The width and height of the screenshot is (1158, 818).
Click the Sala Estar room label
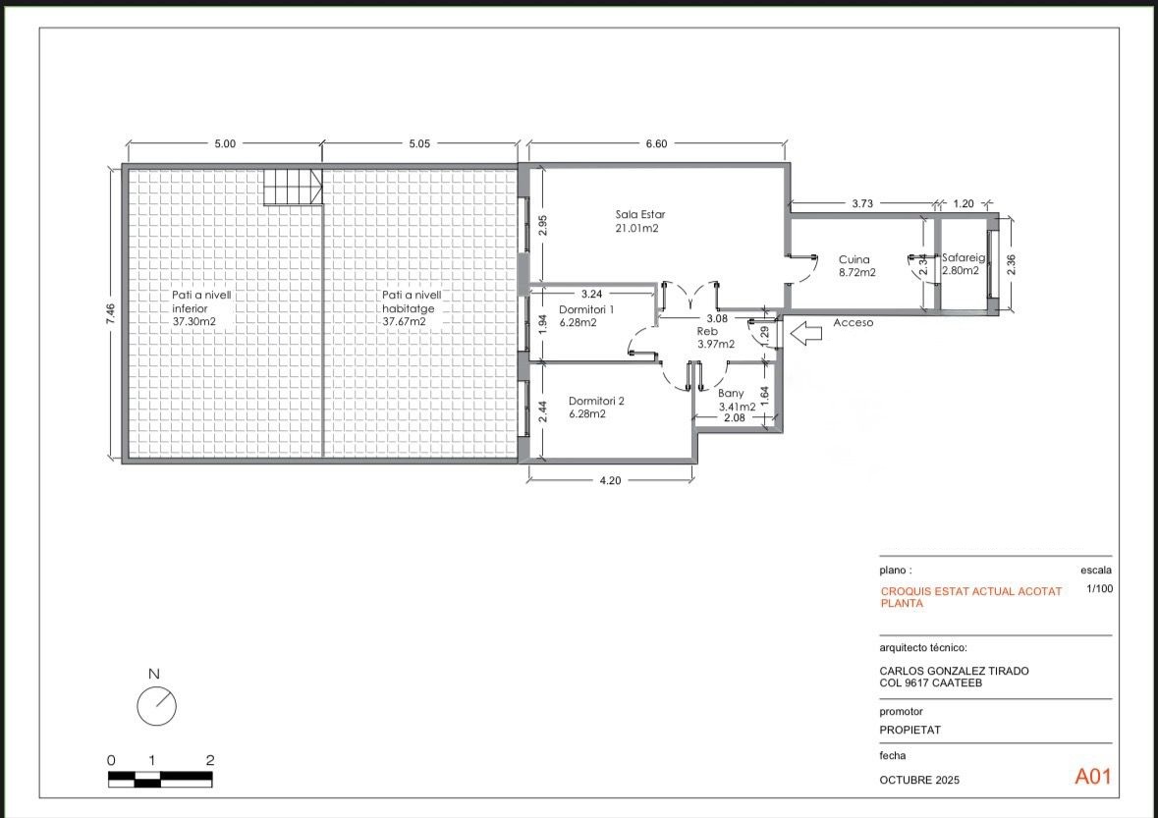[640, 215]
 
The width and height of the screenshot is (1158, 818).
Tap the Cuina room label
[854, 260]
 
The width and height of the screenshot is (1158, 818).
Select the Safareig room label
[963, 257]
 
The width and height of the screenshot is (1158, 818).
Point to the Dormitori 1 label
[586, 309]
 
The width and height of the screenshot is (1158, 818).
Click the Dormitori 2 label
[597, 401]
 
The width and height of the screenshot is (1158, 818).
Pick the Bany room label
[731, 394]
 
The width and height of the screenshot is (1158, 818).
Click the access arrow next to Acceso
[805, 333]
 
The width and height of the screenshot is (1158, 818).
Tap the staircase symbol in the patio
[294, 186]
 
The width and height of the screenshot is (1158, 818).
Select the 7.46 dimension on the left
[110, 314]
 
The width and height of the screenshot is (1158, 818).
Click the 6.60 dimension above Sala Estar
[656, 144]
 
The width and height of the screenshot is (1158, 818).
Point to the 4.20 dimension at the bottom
[610, 480]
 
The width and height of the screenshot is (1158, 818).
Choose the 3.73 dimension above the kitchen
[862, 203]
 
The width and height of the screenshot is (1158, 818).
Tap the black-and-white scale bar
[160, 779]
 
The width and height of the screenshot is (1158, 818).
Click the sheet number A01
[1092, 776]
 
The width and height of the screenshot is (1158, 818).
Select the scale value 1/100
[1100, 588]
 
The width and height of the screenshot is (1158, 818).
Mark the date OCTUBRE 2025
[919, 780]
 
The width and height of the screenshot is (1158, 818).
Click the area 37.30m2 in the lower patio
[193, 321]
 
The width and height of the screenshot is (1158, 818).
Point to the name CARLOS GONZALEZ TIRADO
[954, 671]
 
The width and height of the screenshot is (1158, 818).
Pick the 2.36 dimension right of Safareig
[1011, 264]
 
